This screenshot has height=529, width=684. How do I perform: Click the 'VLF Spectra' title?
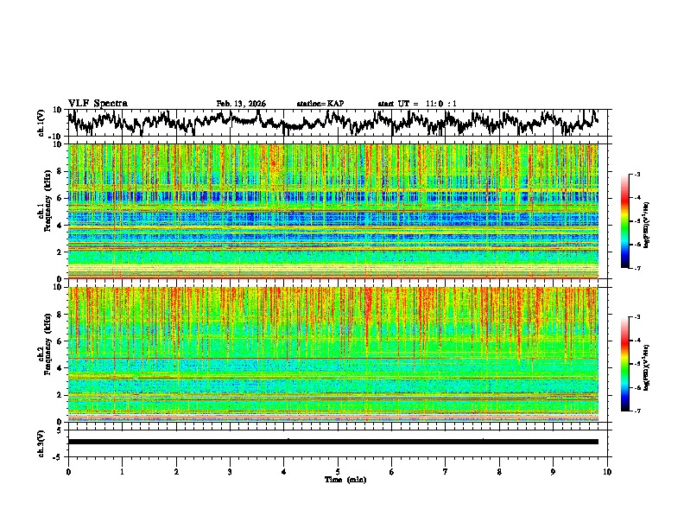coord(98,103)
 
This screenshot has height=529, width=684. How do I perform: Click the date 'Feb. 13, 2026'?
coord(241,104)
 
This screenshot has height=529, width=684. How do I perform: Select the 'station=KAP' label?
coord(320,104)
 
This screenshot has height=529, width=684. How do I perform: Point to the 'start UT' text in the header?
coord(397,104)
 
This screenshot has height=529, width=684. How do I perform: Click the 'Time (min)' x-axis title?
coord(339,479)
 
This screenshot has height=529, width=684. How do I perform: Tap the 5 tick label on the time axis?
coord(338,471)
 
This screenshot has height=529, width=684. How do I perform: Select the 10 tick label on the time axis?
coord(607,471)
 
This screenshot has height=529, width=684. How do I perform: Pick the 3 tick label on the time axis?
coord(230,471)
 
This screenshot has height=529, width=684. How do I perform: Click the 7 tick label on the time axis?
coord(446,471)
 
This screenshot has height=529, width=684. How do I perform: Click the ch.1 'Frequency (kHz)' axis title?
coord(44,212)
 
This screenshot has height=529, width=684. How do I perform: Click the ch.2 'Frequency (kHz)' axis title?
coord(44,354)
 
